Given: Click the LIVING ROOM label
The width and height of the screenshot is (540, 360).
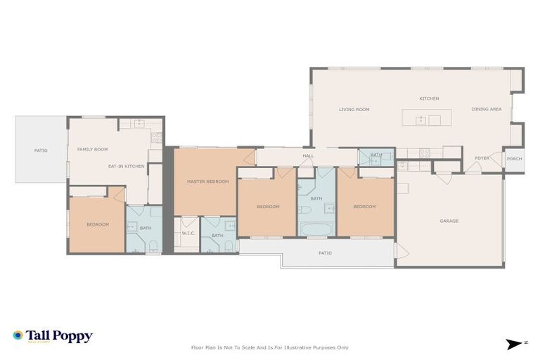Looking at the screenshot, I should click(x=354, y=110).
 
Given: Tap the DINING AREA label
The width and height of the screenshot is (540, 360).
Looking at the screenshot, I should click(x=487, y=110).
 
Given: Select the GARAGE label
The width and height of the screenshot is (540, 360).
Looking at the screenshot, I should click(x=449, y=221).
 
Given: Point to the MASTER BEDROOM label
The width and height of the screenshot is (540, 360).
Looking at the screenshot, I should click(x=208, y=182).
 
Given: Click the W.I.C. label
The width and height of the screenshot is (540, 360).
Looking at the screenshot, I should click(x=188, y=233).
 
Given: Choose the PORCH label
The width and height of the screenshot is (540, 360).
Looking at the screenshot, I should click(x=515, y=159).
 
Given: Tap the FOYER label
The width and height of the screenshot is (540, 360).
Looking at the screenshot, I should click(x=482, y=158).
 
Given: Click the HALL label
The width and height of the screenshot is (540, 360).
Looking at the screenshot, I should click(x=308, y=156).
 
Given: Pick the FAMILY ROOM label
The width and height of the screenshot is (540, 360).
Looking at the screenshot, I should click(x=93, y=150).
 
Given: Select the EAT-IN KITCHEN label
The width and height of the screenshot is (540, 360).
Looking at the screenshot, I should click(x=127, y=166).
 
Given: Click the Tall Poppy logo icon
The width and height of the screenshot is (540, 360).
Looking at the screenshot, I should click(x=18, y=335).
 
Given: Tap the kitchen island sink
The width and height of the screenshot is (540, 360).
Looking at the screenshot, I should click(x=420, y=120).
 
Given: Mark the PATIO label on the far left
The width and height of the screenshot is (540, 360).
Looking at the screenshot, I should click(x=41, y=150).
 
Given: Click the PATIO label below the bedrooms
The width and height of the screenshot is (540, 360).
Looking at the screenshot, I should click(x=325, y=253).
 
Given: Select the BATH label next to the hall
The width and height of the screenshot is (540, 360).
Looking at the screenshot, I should click(x=376, y=155).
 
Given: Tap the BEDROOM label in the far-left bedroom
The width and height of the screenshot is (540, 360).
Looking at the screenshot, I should click(x=98, y=224).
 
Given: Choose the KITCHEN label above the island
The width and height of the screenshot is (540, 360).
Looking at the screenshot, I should click(x=430, y=98).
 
